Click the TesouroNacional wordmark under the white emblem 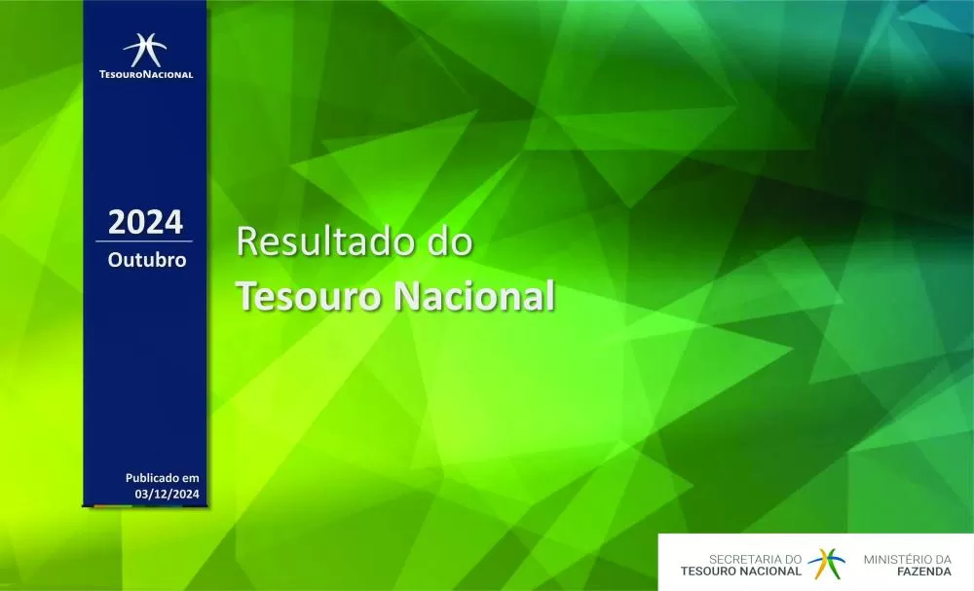click(146, 74)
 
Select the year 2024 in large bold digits click(145, 222)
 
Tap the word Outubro click(146, 261)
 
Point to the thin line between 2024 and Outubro click(145, 240)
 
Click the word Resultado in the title click(320, 242)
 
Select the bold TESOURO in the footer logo click(711, 573)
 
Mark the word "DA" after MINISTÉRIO click(942, 560)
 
